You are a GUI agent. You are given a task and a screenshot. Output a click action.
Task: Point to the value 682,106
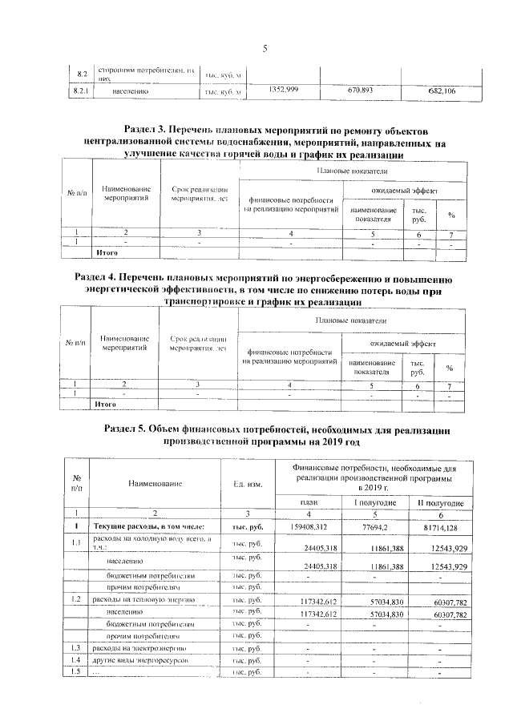point(440,91)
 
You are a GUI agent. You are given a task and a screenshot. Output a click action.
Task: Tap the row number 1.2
point(76,598)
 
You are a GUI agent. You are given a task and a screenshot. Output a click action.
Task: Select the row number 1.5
point(76,671)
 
